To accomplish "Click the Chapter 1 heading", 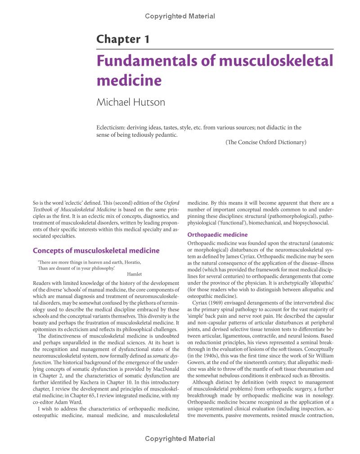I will (x=123, y=39).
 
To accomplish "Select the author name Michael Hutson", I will (x=131, y=102).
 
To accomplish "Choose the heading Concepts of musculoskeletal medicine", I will (x=96, y=251).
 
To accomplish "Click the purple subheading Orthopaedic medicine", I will (x=217, y=235).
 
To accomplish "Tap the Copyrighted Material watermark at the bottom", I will (x=180, y=438).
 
